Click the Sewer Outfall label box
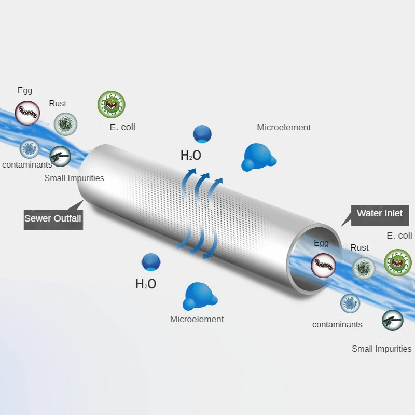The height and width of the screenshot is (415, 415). click(53, 219)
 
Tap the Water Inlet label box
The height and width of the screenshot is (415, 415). click(380, 215)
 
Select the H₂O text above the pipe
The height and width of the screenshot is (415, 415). click(191, 155)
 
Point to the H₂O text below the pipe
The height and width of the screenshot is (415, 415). click(146, 284)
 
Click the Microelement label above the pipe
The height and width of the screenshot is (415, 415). click(284, 127)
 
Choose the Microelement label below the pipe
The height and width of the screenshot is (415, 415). click(197, 319)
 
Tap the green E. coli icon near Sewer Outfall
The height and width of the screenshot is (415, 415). click(112, 104)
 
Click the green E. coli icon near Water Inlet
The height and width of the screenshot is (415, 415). click(398, 262)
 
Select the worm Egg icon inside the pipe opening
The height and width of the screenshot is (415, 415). click(323, 266)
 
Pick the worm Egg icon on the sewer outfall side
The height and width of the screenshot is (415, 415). click(27, 113)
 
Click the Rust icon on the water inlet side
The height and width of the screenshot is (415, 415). click(364, 268)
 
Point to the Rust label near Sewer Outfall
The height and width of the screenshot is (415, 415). click(58, 103)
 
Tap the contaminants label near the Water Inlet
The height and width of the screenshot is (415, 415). click(337, 325)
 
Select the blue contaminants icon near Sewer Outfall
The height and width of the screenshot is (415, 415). click(30, 149)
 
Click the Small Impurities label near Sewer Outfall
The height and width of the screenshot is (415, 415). click(74, 178)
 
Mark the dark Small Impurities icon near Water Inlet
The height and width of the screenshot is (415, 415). click(393, 320)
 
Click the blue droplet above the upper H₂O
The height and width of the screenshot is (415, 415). click(202, 134)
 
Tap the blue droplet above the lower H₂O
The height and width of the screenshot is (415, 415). click(151, 262)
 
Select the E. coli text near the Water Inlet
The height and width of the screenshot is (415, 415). click(399, 236)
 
